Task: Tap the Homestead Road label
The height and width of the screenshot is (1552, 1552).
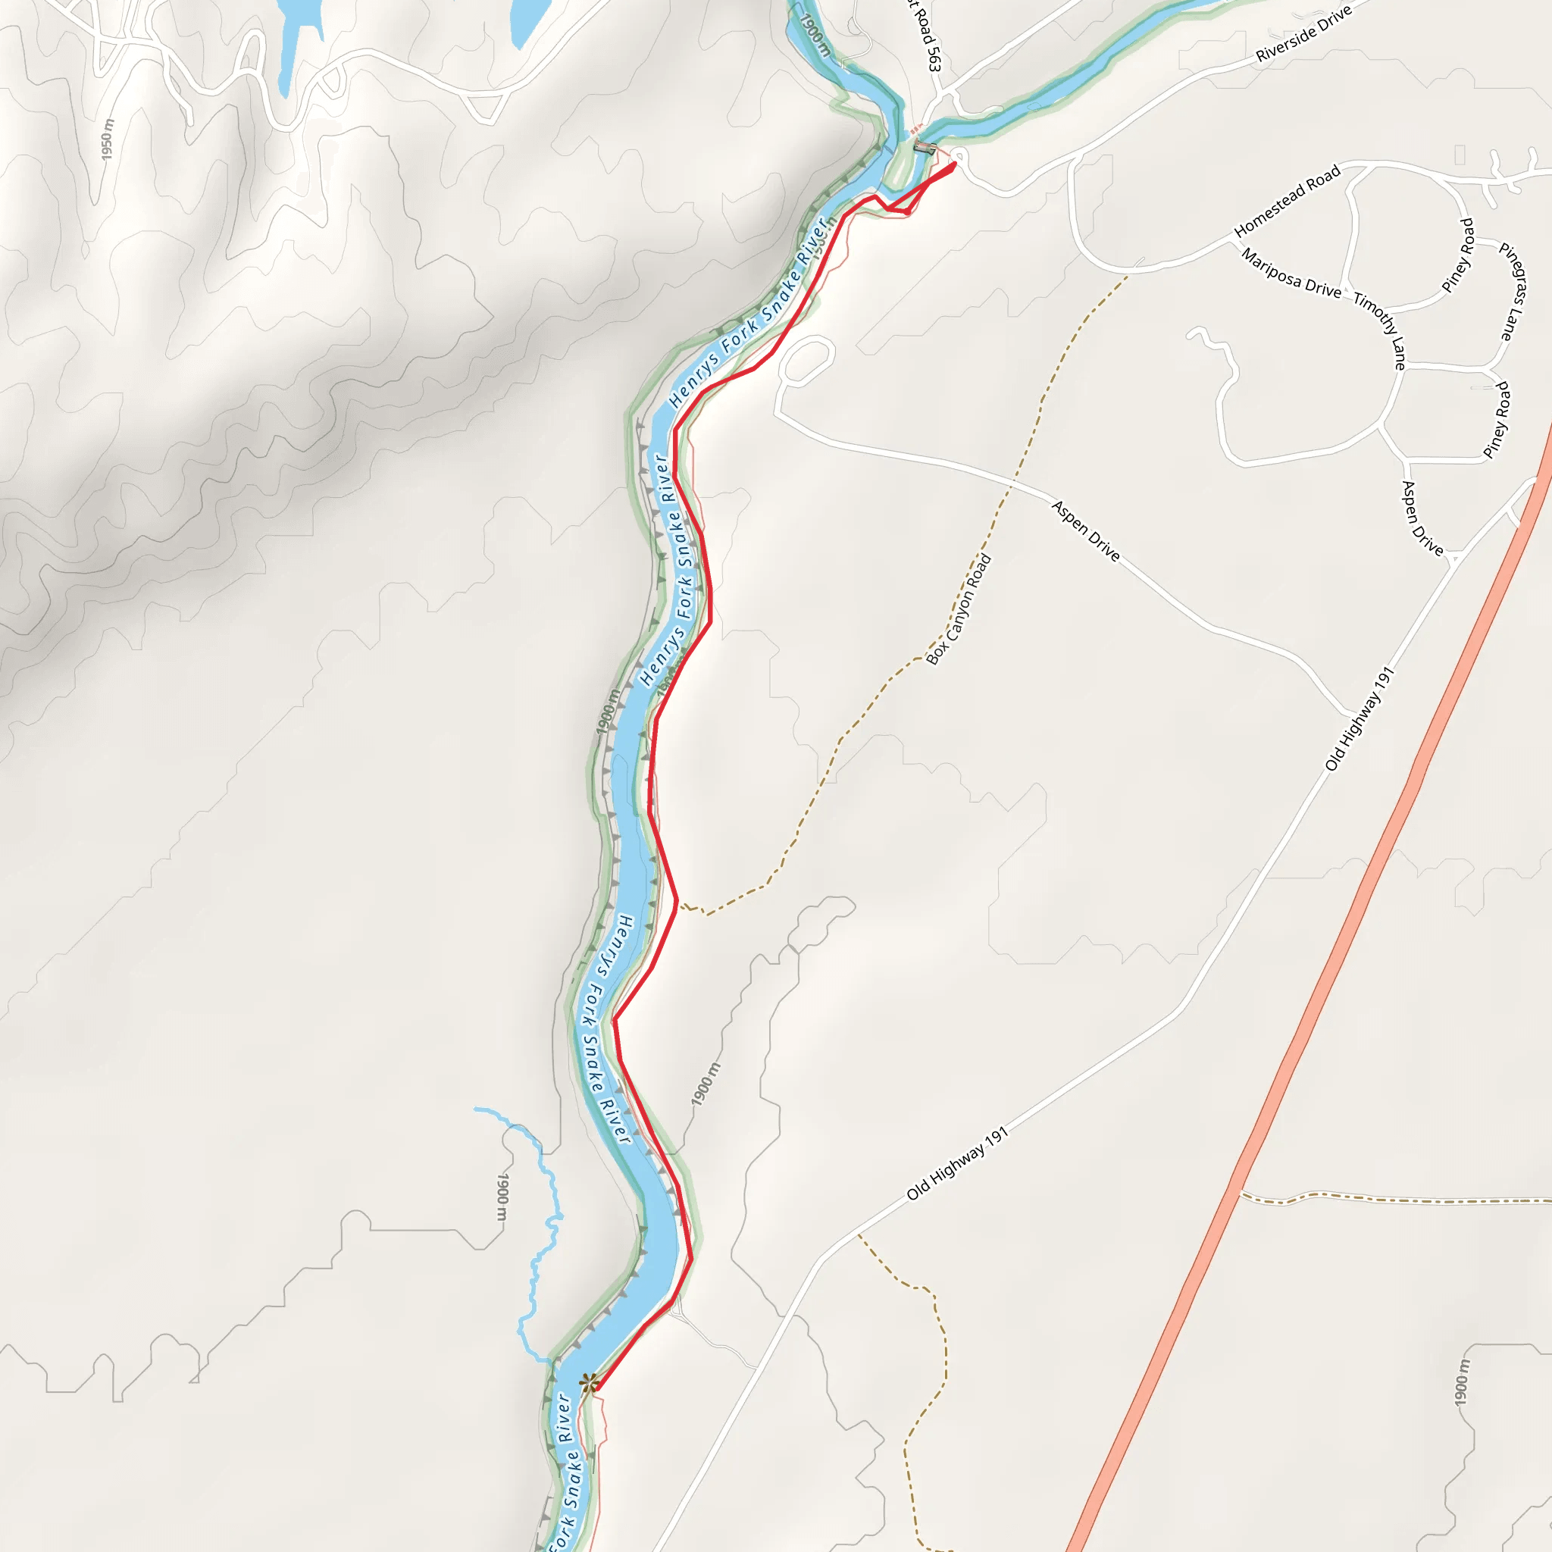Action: tap(1287, 201)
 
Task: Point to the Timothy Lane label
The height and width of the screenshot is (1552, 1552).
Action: tap(1380, 330)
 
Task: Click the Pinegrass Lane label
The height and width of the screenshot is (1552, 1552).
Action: tap(1512, 292)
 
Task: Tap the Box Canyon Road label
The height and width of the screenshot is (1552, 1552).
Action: tap(959, 610)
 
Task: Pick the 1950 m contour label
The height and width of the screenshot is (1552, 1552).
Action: tap(108, 138)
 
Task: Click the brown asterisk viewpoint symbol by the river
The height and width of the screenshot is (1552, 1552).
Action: tap(589, 1382)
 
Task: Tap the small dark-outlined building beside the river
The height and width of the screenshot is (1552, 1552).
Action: tap(925, 147)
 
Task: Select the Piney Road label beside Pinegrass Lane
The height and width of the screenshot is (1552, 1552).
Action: tap(1458, 255)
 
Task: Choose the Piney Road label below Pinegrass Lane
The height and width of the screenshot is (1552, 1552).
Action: tap(1497, 420)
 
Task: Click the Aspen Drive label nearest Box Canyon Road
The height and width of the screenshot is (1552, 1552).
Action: tap(1085, 530)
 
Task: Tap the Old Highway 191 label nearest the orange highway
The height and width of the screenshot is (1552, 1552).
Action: tap(1359, 719)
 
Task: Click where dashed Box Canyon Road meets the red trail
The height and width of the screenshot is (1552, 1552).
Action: tap(679, 904)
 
